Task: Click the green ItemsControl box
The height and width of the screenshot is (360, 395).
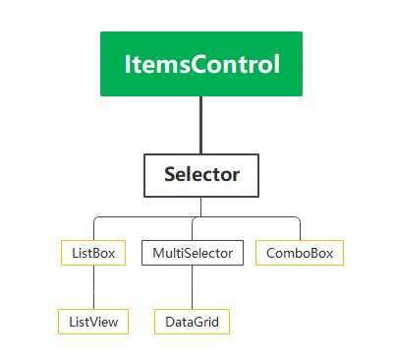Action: [x=201, y=64]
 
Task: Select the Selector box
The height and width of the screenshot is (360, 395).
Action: [x=201, y=175]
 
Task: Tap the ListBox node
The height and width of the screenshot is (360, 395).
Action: [x=93, y=253]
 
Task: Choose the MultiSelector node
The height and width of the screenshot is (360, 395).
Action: [x=192, y=253]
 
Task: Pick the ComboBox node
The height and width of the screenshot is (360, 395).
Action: [x=300, y=253]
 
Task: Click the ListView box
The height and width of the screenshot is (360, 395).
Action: [x=93, y=322]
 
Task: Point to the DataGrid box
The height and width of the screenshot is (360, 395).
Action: [x=192, y=322]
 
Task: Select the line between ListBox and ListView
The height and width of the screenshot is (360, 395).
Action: [x=93, y=287]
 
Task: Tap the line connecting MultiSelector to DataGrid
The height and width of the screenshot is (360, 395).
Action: [x=192, y=287]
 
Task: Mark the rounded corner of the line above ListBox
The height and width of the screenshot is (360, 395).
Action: [x=95, y=218]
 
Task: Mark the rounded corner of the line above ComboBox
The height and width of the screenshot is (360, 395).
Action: [x=298, y=218]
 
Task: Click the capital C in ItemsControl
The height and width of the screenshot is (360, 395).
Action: [x=197, y=65]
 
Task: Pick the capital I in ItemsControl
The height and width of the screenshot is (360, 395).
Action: [x=128, y=65]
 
